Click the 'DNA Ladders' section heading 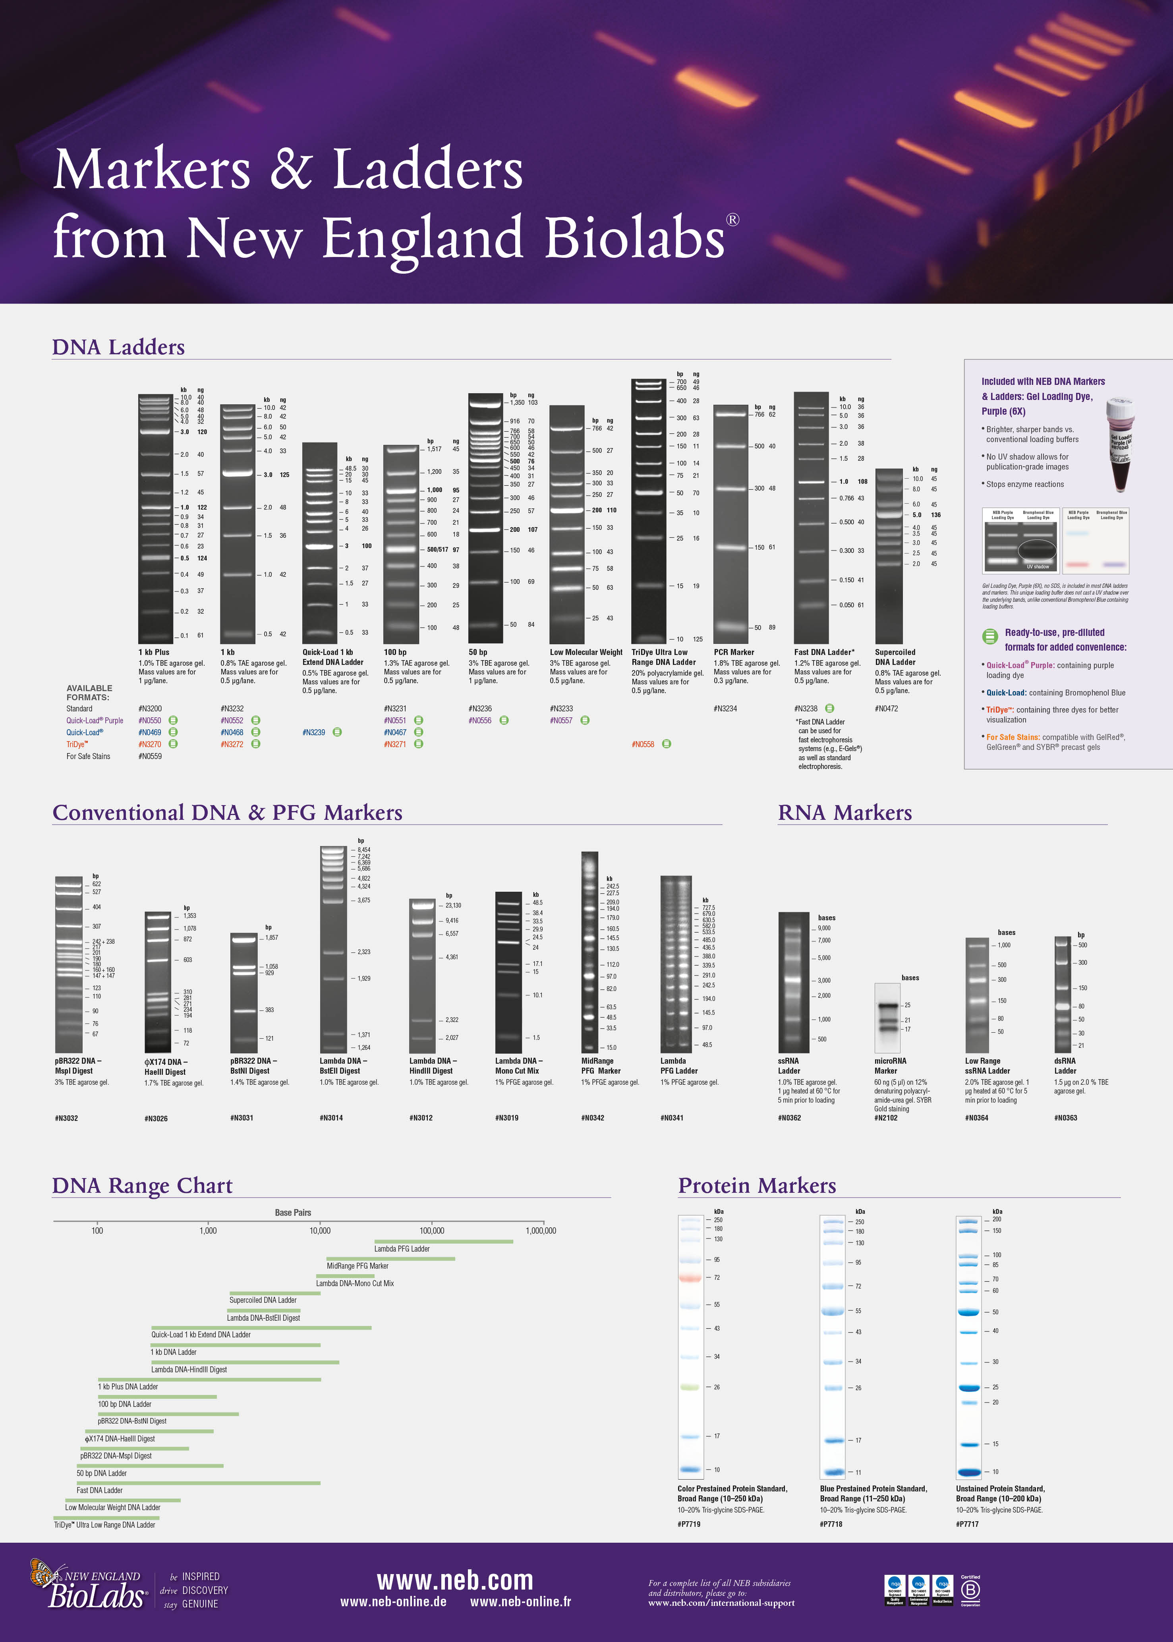click(x=118, y=347)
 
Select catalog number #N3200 click(x=150, y=708)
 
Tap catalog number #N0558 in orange click(x=643, y=744)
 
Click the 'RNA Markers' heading click(x=844, y=813)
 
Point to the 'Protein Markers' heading click(x=756, y=1186)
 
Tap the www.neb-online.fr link click(x=520, y=1601)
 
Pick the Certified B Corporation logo click(x=970, y=1590)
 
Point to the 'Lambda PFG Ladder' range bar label click(x=402, y=1248)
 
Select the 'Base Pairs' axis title click(x=292, y=1212)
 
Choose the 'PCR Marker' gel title click(x=733, y=652)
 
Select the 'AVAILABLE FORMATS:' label click(x=89, y=692)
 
